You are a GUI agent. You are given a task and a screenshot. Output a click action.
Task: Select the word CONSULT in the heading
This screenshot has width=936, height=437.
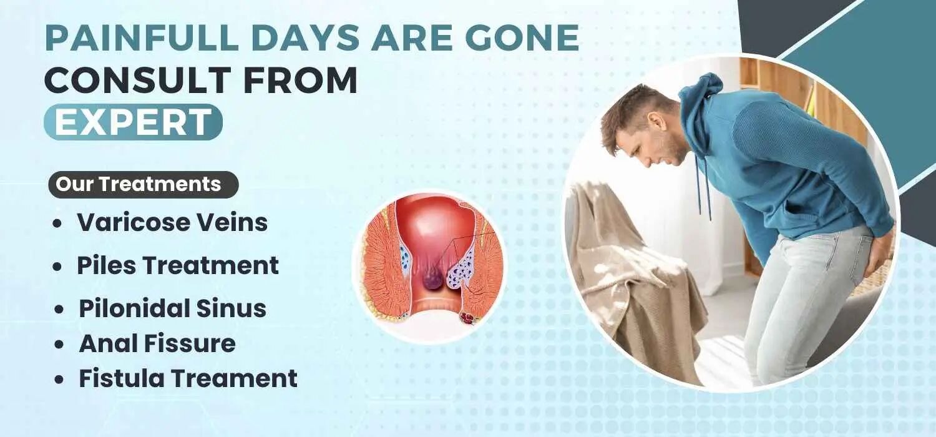(138, 80)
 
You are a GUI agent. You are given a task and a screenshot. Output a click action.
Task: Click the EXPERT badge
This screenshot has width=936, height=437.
(133, 122)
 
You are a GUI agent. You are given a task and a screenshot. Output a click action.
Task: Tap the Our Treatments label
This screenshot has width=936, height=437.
(144, 184)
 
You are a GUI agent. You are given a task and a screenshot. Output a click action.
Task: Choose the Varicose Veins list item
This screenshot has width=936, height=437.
(172, 222)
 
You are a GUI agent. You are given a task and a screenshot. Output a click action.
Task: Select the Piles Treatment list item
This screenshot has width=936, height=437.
(178, 265)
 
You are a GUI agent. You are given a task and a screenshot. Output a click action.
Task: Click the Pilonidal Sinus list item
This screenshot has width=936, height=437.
(172, 308)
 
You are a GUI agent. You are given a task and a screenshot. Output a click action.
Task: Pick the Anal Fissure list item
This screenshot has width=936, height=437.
(157, 343)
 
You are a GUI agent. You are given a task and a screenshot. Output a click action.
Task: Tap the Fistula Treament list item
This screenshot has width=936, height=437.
(188, 378)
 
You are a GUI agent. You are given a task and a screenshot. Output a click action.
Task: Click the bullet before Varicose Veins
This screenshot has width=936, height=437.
(57, 223)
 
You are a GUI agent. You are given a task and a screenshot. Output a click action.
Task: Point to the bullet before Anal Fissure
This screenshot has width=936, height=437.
(59, 345)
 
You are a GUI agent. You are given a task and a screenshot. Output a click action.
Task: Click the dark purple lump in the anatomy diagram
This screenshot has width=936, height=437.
(431, 281)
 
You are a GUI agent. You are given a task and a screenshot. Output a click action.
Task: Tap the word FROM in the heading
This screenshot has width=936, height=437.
(300, 80)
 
